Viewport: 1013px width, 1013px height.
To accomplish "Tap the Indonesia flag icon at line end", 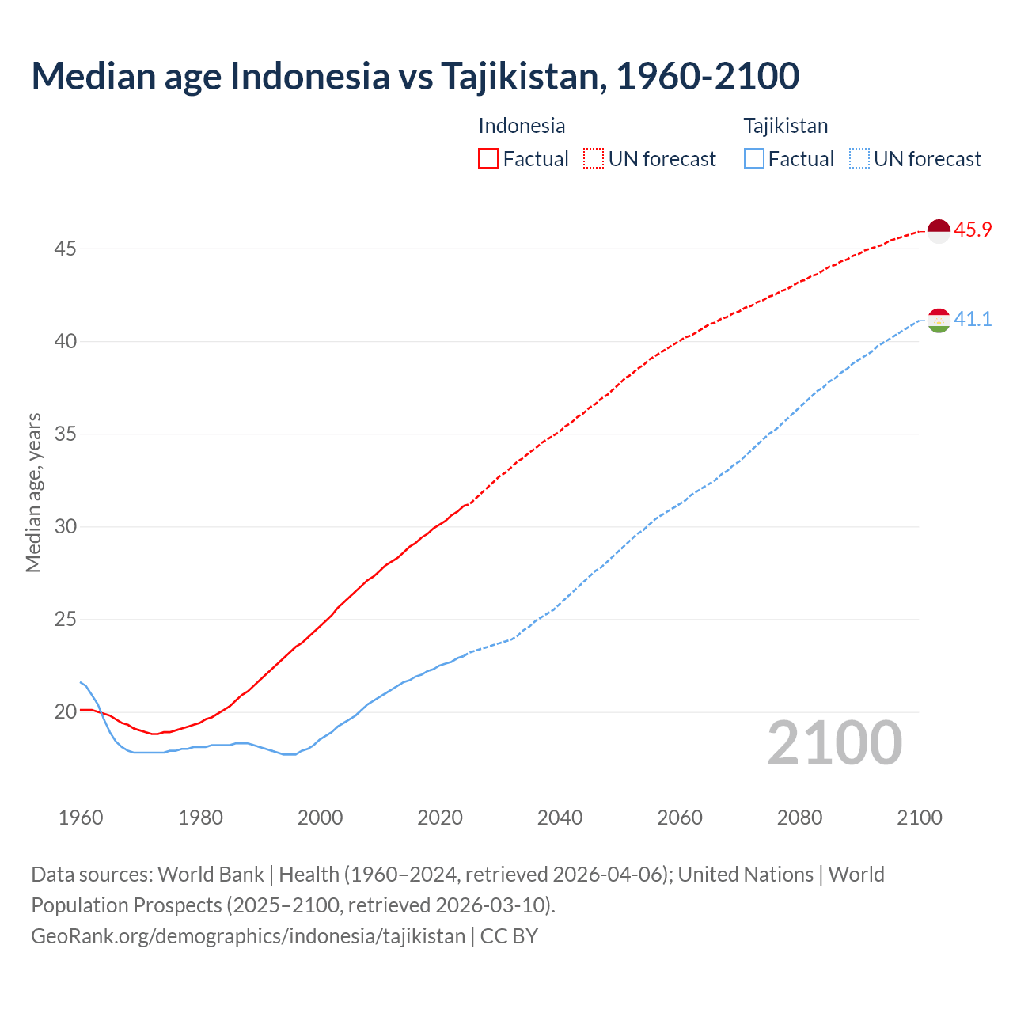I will (x=938, y=231).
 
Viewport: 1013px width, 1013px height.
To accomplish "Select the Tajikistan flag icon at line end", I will (x=938, y=321).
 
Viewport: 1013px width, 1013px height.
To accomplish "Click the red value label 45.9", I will (x=973, y=230).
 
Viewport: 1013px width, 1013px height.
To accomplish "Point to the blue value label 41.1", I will (x=973, y=320).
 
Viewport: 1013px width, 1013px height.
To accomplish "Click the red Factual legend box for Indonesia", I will (x=488, y=159).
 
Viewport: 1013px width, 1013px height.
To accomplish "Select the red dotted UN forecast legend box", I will (x=594, y=159).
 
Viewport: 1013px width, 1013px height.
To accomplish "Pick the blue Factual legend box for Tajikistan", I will (x=754, y=159).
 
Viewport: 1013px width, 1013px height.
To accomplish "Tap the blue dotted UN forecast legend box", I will (x=859, y=159).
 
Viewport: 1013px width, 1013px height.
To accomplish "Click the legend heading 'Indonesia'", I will (x=522, y=126).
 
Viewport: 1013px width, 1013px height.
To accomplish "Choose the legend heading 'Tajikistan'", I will (x=785, y=126).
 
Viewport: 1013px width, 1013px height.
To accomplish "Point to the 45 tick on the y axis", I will (x=65, y=249).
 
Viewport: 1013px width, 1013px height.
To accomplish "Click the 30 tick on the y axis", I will (x=65, y=527).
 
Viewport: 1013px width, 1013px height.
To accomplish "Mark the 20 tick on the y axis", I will (x=65, y=712).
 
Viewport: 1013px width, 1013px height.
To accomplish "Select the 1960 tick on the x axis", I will (x=81, y=818).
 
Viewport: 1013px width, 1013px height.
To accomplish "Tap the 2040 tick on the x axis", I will (x=560, y=818).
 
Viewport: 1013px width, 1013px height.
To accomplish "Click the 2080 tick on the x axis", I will (x=799, y=818).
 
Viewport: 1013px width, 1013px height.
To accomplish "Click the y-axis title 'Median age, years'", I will (x=33, y=492).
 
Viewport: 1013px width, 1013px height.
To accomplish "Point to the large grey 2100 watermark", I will (x=834, y=742).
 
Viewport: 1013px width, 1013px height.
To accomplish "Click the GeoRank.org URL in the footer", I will (x=248, y=936).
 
